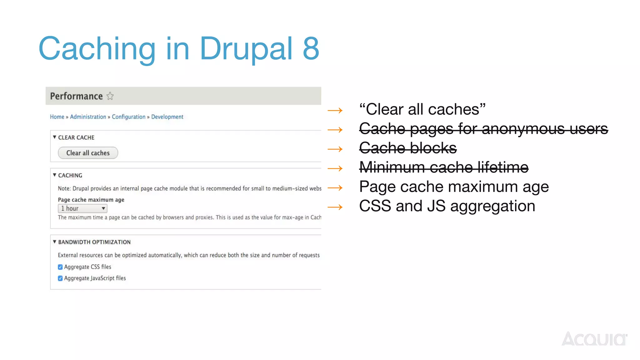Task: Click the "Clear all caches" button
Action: pyautogui.click(x=88, y=153)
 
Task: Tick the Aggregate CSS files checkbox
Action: pyautogui.click(x=60, y=267)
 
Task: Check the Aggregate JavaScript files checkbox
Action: pyautogui.click(x=60, y=278)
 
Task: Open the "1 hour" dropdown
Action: pyautogui.click(x=82, y=208)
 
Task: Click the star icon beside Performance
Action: pyautogui.click(x=110, y=96)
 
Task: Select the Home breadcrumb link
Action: pyautogui.click(x=57, y=117)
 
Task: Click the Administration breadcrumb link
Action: pyautogui.click(x=88, y=117)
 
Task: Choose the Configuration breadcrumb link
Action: pyautogui.click(x=128, y=117)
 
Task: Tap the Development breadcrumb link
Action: pyautogui.click(x=167, y=117)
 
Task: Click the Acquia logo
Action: pyautogui.click(x=594, y=339)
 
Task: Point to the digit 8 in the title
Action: pyautogui.click(x=311, y=48)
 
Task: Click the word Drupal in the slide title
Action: pyautogui.click(x=246, y=48)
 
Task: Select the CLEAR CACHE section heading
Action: pyautogui.click(x=76, y=137)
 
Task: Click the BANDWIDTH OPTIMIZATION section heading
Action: pyautogui.click(x=94, y=242)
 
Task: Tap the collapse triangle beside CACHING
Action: pyautogui.click(x=54, y=175)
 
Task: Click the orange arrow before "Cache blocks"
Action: pyautogui.click(x=335, y=149)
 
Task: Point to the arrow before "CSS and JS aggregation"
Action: pyautogui.click(x=335, y=207)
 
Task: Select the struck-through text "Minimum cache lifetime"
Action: pyautogui.click(x=444, y=167)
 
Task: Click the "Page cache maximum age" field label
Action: pyautogui.click(x=91, y=200)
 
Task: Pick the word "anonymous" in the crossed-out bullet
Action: pyautogui.click(x=523, y=129)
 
